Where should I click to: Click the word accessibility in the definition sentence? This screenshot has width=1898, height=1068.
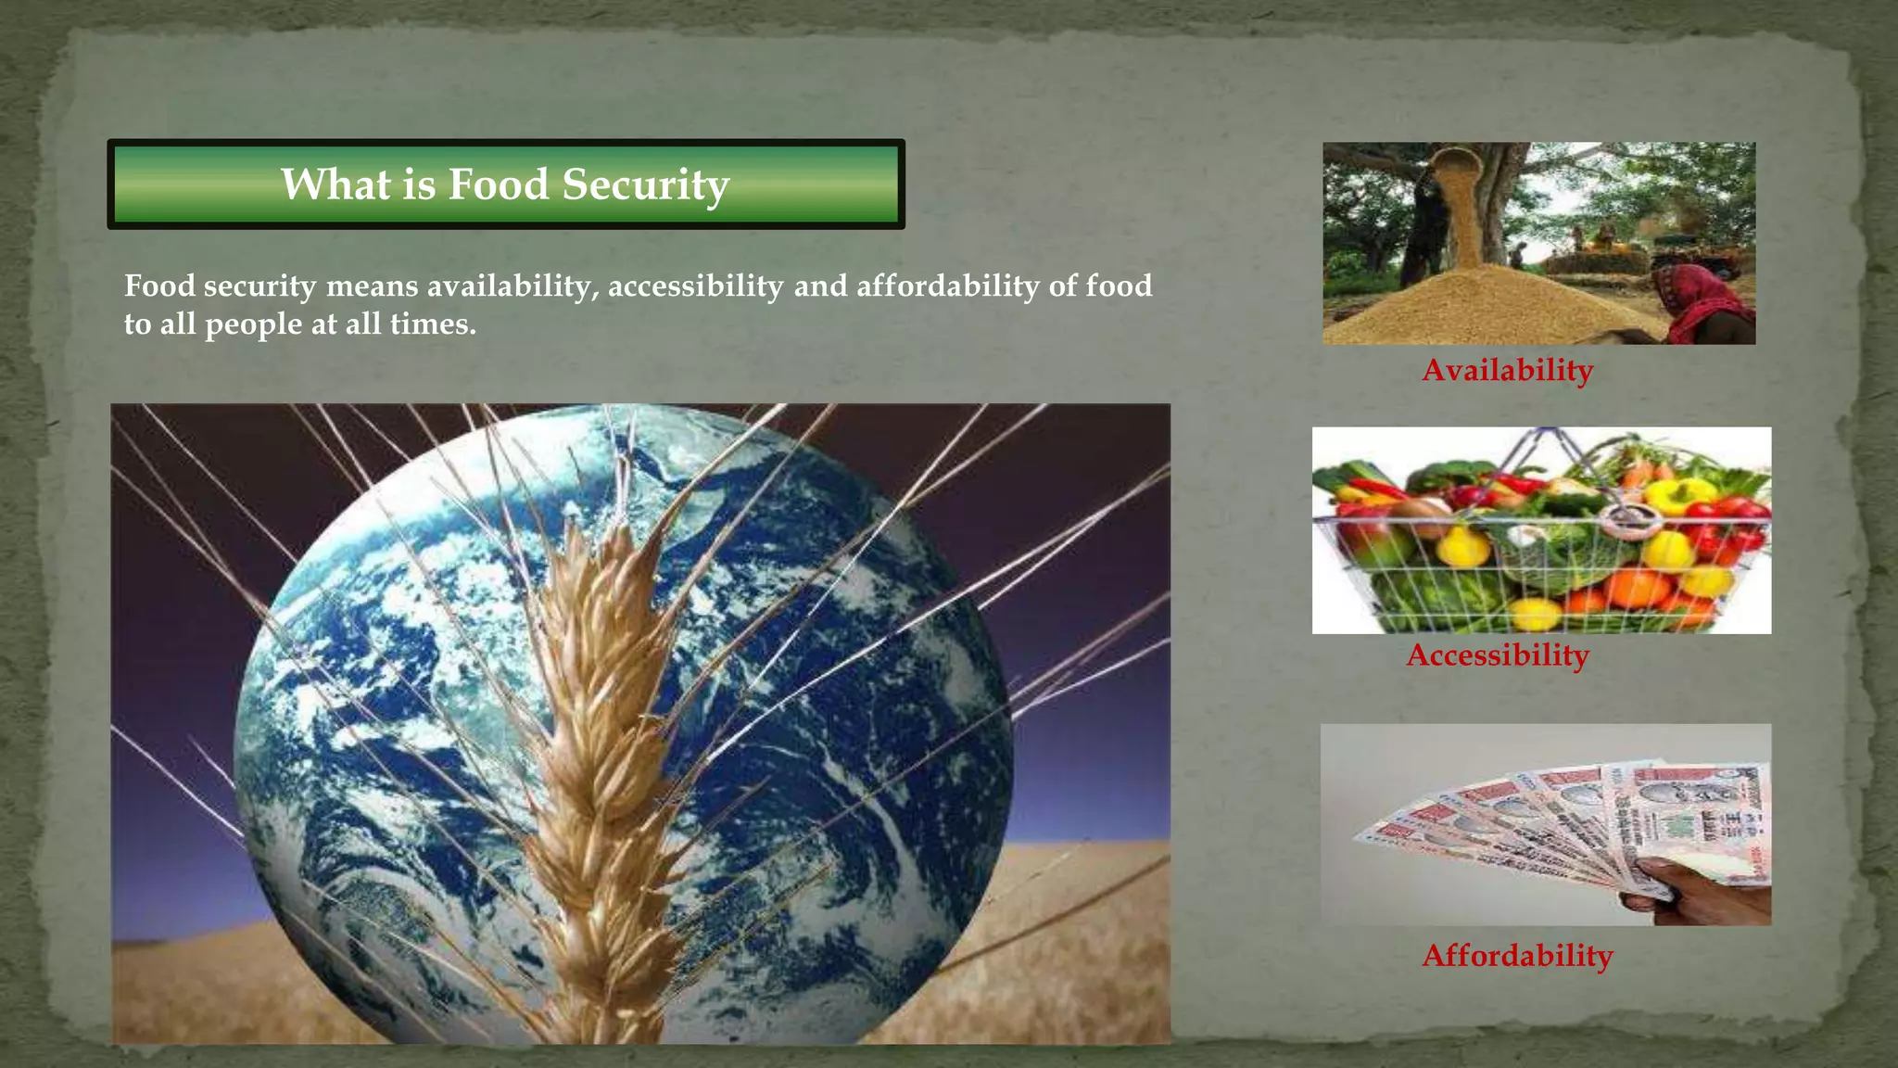click(696, 286)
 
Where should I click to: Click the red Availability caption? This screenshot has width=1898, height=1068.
click(1508, 370)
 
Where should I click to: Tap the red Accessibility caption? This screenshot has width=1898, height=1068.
click(1498, 655)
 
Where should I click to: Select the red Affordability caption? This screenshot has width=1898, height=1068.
click(1517, 955)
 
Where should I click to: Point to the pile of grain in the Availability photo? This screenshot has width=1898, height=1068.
click(1483, 306)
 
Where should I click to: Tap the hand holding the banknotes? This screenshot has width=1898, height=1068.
click(1705, 890)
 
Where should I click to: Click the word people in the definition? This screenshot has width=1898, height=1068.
click(253, 324)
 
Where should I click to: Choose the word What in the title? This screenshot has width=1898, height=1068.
click(335, 184)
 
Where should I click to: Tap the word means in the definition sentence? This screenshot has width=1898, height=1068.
click(372, 286)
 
